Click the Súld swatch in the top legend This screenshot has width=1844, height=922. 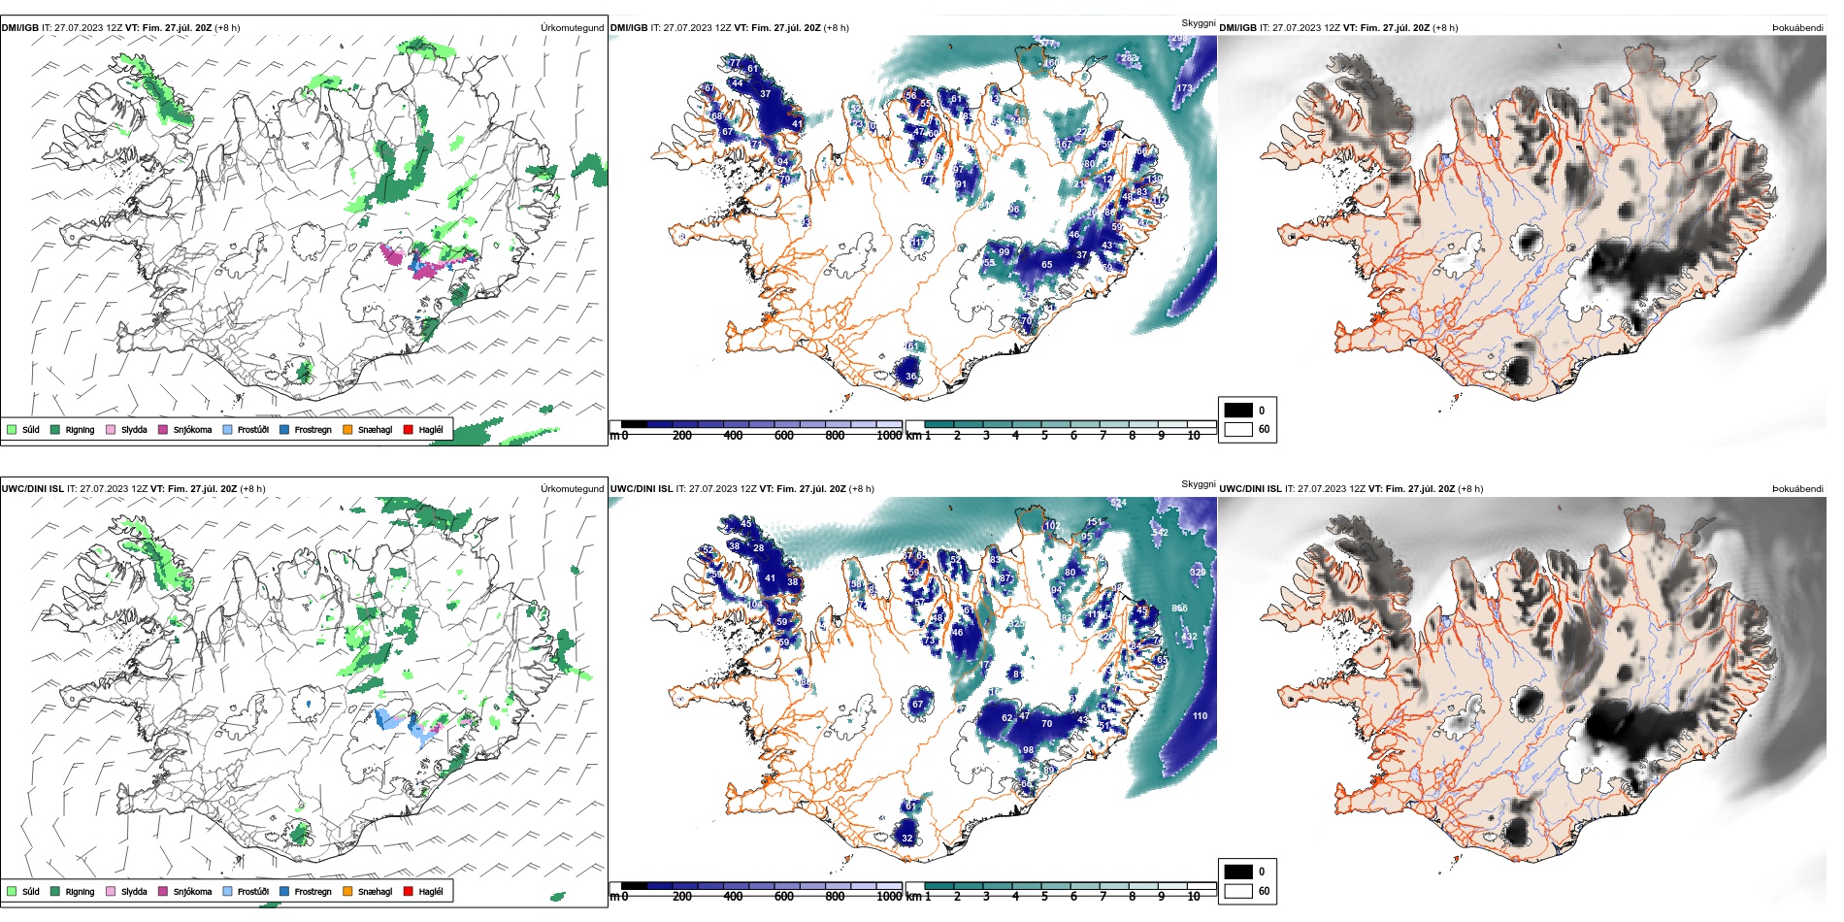(x=12, y=429)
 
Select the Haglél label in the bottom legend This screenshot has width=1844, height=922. (x=431, y=891)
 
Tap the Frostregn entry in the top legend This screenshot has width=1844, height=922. (x=313, y=429)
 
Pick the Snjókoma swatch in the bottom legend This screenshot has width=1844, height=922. (x=163, y=891)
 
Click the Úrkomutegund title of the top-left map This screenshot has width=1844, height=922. (x=572, y=28)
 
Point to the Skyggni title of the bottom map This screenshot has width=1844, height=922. (x=1198, y=483)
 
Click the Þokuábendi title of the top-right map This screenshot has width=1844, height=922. (x=1797, y=28)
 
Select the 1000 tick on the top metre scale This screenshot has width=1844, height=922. (x=889, y=436)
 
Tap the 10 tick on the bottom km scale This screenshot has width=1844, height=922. (x=1194, y=897)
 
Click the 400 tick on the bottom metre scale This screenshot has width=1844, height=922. (x=733, y=897)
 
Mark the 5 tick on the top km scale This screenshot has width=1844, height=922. (x=1044, y=436)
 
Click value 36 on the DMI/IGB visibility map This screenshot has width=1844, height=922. (x=910, y=377)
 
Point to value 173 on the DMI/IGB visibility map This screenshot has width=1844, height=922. (x=1184, y=88)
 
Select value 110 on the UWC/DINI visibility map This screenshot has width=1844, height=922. (x=1200, y=716)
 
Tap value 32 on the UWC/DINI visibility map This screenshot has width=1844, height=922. (x=906, y=838)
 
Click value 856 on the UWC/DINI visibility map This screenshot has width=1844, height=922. (x=1179, y=609)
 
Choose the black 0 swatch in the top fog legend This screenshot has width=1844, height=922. (x=1238, y=410)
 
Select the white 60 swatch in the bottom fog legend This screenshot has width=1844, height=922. (x=1238, y=891)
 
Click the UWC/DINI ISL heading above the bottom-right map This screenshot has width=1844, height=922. (x=1250, y=489)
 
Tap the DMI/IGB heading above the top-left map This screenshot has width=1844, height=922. (x=20, y=28)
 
